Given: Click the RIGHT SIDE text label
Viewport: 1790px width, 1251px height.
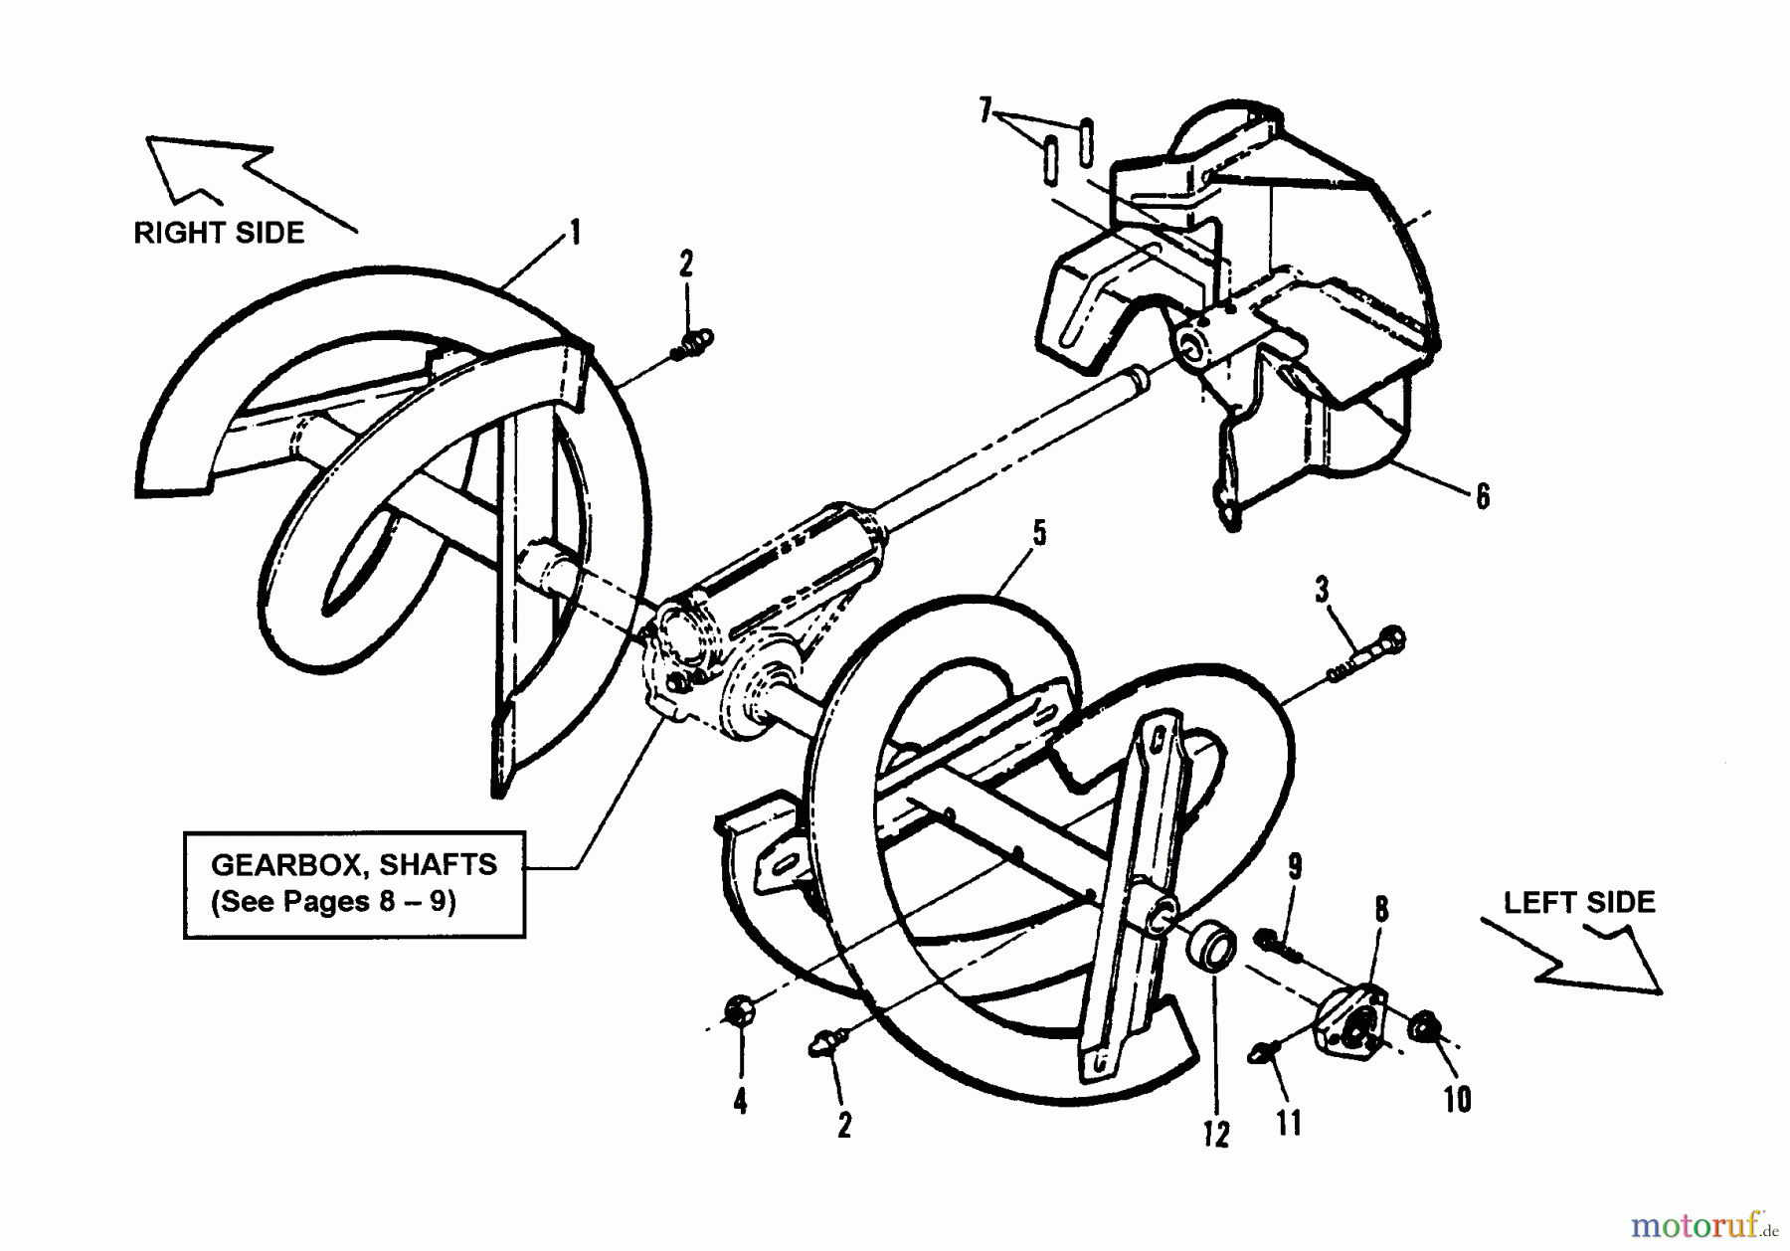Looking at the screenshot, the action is point(219,233).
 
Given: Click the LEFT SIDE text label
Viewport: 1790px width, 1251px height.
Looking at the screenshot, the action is point(1579,902).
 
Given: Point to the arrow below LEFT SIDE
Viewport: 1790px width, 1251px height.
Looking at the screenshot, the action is point(1571,956).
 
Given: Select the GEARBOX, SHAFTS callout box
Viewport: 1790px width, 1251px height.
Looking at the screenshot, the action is point(354,884).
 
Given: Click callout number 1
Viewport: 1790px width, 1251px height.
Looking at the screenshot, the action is point(574,233).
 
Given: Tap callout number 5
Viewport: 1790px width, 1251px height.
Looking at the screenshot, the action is point(1039,534).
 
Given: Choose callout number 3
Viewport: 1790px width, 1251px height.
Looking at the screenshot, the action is point(1322,590).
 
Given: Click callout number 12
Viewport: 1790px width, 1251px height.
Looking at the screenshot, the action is point(1216,1134).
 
